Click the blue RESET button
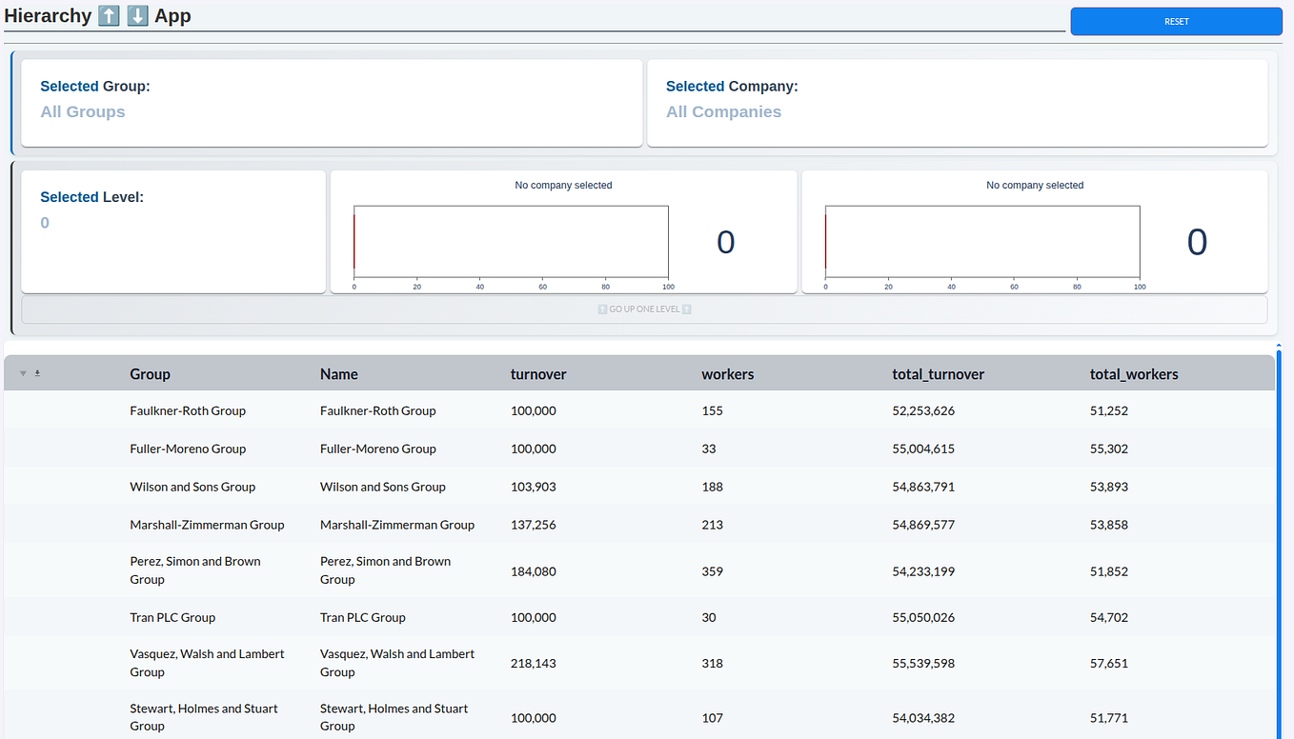[1176, 21]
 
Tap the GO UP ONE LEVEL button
[645, 310]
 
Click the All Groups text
[83, 111]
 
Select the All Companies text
[723, 111]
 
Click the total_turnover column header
[939, 374]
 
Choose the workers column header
[728, 374]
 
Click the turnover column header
[538, 374]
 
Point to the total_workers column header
[1134, 374]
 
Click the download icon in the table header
[37, 373]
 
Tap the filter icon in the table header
[23, 373]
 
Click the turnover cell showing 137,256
[534, 525]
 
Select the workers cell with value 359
[713, 571]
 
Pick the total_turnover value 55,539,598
[923, 664]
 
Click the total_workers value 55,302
[1108, 449]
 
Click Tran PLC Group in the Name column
[363, 617]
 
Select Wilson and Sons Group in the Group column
[192, 487]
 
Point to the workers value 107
[713, 718]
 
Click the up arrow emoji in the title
[109, 15]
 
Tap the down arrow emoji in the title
[137, 15]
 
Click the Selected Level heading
[91, 197]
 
